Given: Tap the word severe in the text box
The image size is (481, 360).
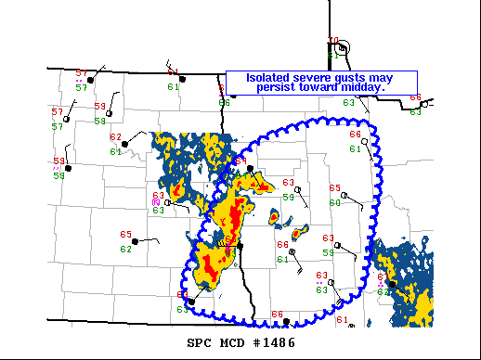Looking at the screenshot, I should click(309, 78).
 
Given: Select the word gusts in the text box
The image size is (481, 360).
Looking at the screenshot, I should click(351, 78).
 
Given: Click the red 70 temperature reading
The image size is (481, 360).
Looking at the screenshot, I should click(333, 40).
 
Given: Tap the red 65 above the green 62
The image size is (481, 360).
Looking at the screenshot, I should click(126, 235).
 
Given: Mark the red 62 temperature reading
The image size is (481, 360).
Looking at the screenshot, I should click(116, 137).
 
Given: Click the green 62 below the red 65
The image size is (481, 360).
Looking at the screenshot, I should click(125, 249).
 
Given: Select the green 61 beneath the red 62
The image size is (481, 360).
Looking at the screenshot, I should click(116, 151).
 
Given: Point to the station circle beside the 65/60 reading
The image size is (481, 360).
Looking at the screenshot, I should click(344, 195).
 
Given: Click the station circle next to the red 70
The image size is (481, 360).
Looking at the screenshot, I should click(344, 47).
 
